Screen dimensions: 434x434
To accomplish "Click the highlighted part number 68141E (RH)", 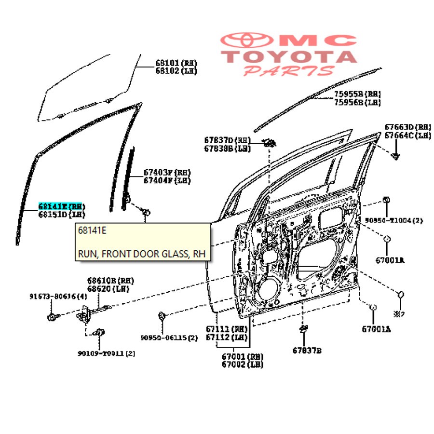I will pyautogui.click(x=60, y=206).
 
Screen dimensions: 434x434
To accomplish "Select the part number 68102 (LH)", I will pyautogui.click(x=176, y=71).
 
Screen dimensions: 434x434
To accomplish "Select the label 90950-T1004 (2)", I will pyautogui.click(x=393, y=220).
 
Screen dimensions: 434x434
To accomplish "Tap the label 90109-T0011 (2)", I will pyautogui.click(x=106, y=353).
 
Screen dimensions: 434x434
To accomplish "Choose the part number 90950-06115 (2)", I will pyautogui.click(x=169, y=338).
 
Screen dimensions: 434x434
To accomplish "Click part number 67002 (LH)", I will pyautogui.click(x=242, y=365).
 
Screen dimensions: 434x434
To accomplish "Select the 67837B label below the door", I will pyautogui.click(x=306, y=350).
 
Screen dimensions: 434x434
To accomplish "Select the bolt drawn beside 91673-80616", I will pyautogui.click(x=52, y=317).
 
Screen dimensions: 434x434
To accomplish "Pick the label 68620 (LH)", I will pyautogui.click(x=110, y=288).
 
